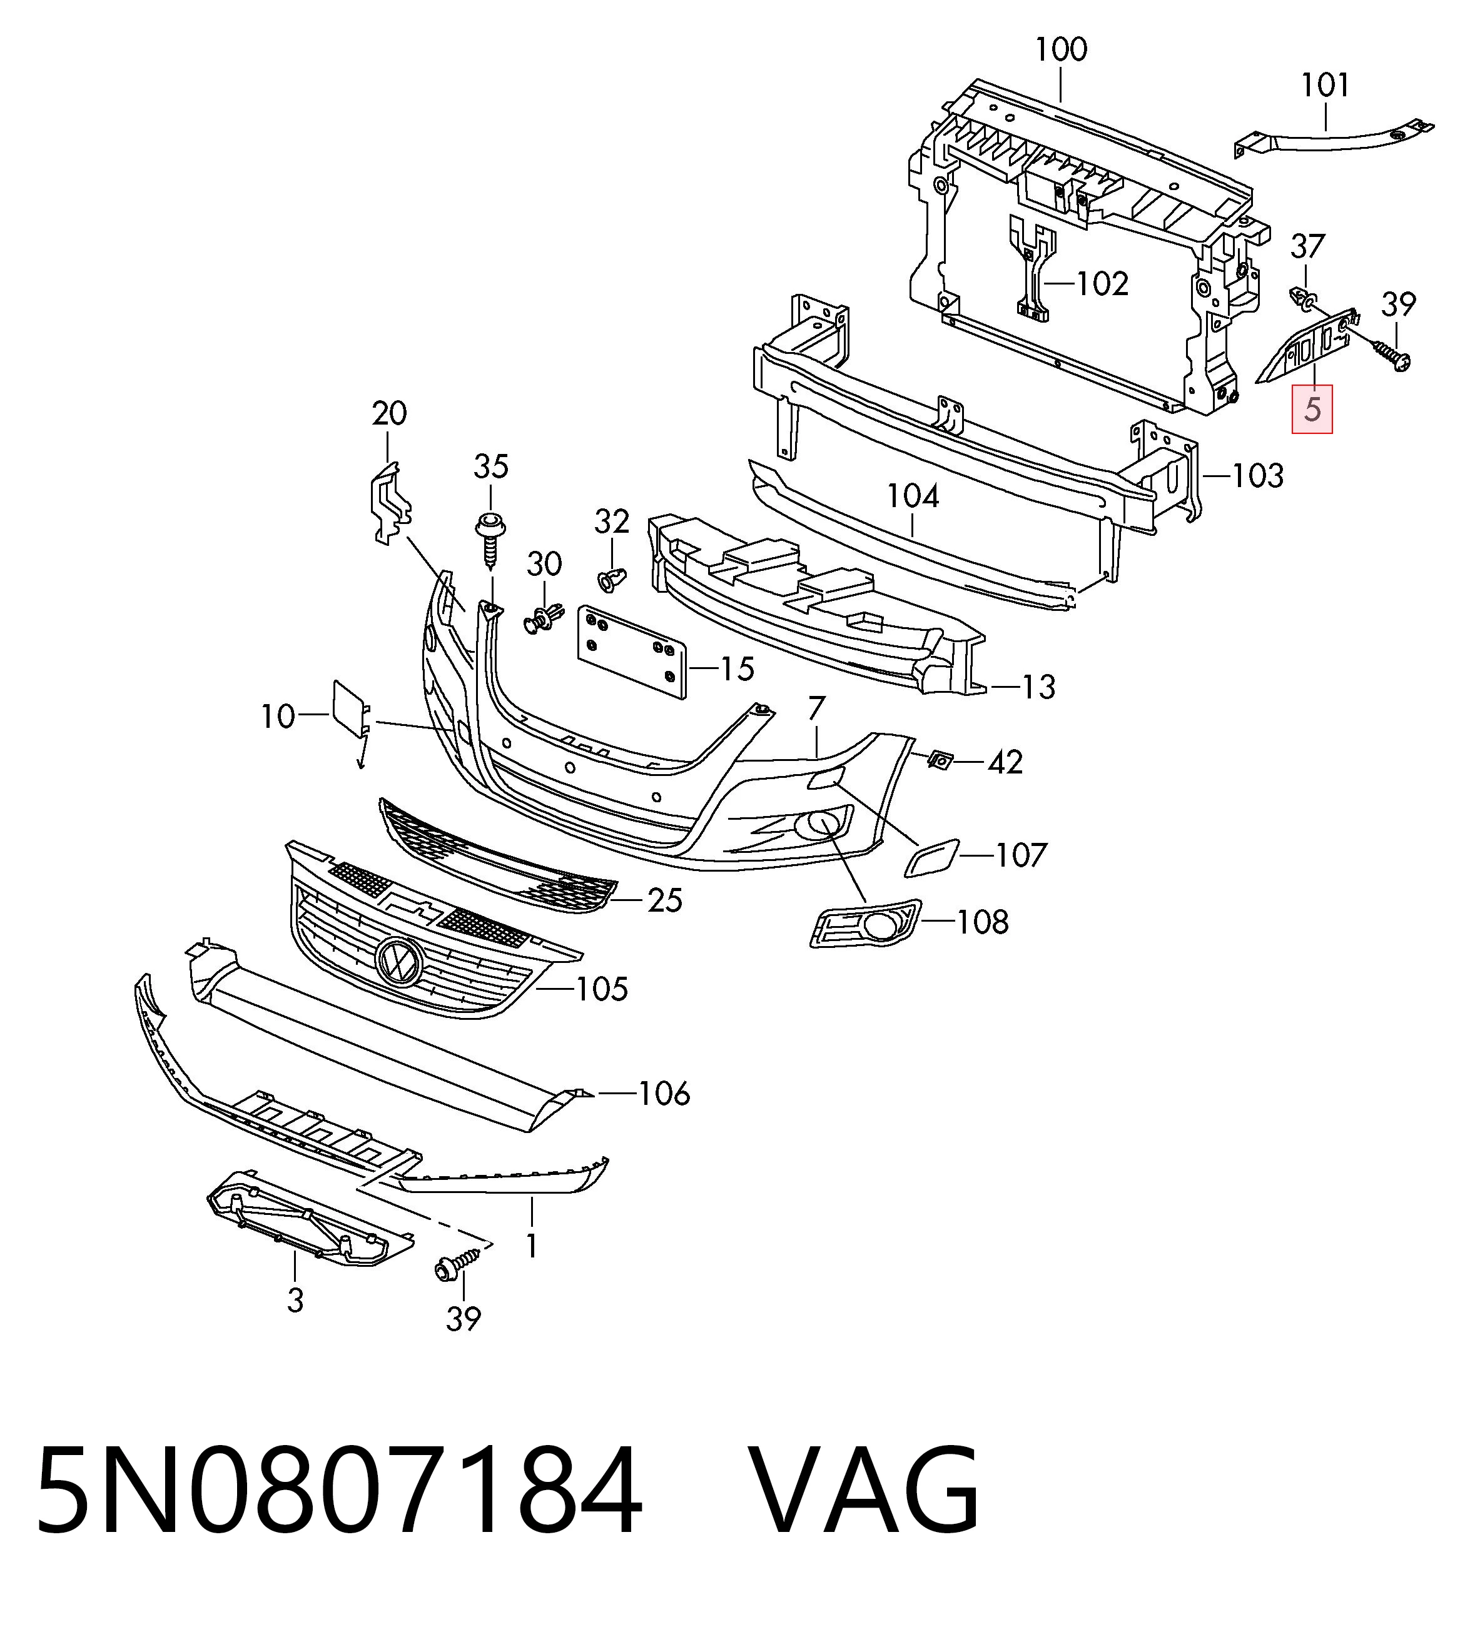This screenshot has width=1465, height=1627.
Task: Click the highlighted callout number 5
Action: tap(1312, 410)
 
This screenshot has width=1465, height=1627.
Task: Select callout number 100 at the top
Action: tap(1061, 50)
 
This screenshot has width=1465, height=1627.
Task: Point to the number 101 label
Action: tap(1325, 84)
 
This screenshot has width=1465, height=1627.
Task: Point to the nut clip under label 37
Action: tap(1303, 300)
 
